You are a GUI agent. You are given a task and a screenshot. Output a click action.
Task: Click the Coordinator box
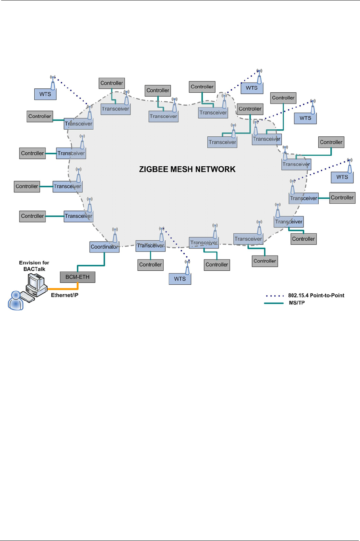[x=104, y=247]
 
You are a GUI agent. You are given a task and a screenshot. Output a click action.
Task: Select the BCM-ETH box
[x=78, y=277]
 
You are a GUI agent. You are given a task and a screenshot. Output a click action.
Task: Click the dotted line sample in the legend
[x=274, y=296]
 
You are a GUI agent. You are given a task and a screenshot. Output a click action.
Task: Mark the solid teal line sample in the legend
[x=274, y=303]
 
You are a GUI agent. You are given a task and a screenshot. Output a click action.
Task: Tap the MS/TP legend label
[x=296, y=303]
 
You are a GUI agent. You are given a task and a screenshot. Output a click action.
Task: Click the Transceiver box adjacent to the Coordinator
[x=151, y=246]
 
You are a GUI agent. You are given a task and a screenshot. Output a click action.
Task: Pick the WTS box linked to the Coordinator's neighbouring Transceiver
[x=180, y=279]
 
